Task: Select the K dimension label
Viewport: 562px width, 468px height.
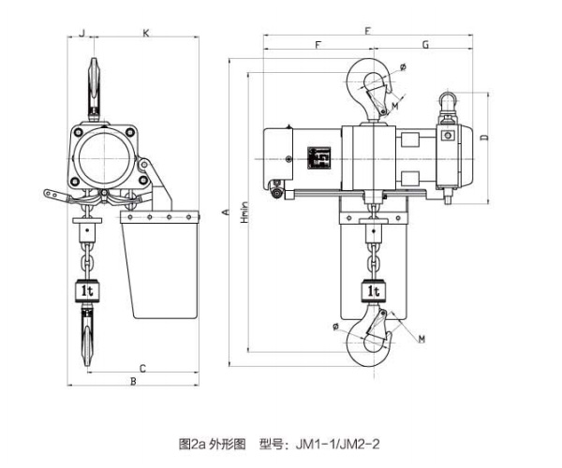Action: click(x=145, y=34)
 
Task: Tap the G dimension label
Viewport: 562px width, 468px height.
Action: click(x=425, y=44)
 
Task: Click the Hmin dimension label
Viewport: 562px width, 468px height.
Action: click(x=245, y=216)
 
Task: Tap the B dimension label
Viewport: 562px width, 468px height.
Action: click(x=133, y=382)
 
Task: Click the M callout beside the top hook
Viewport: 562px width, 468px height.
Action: click(x=395, y=107)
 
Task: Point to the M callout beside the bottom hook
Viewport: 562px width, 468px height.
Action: click(x=421, y=338)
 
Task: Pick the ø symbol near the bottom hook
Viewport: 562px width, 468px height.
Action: click(x=334, y=325)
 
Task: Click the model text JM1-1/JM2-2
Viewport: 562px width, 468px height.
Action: click(x=345, y=441)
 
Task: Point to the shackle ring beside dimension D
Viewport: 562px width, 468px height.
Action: click(x=448, y=97)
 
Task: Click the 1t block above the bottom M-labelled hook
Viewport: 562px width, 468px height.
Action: click(x=374, y=290)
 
